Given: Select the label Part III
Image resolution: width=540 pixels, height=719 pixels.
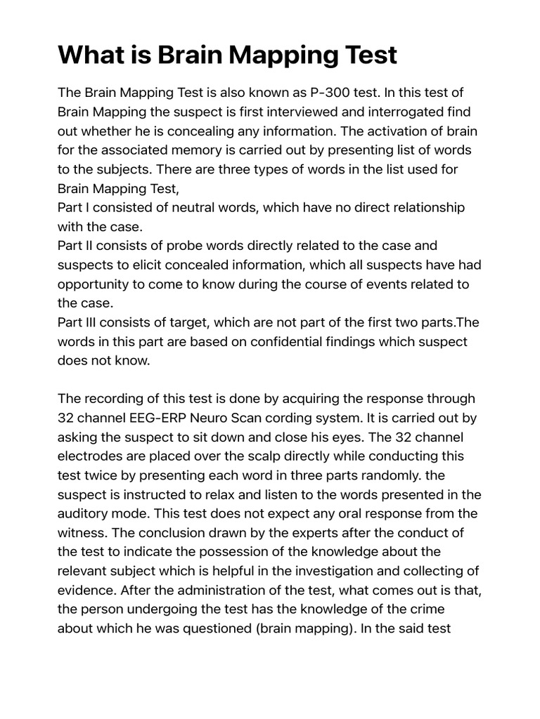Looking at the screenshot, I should click(x=79, y=322).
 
